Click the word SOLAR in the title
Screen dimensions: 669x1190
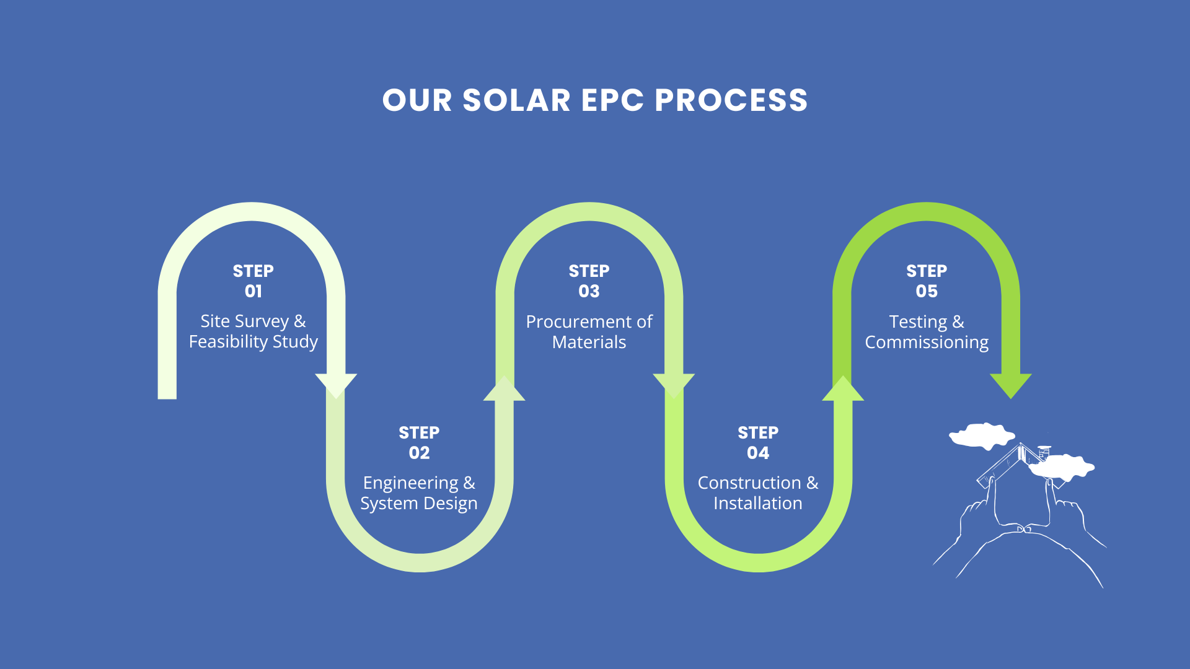[516, 100]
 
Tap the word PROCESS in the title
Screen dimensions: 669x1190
[731, 100]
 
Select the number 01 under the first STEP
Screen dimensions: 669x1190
[253, 291]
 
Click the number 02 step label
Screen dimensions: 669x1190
[419, 453]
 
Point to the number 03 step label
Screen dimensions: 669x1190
[589, 291]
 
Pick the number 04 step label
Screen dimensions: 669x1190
[758, 453]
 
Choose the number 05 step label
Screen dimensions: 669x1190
[927, 291]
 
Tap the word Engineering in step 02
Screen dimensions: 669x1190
[411, 483]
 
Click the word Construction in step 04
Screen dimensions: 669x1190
[749, 483]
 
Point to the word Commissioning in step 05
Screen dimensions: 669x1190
[927, 343]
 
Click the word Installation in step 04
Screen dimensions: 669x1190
[757, 503]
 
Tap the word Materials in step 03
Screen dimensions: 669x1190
[589, 343]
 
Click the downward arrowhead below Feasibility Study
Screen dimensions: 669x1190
[336, 385]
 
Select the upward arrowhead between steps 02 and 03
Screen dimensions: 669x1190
[505, 390]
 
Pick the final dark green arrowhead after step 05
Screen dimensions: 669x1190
[1011, 385]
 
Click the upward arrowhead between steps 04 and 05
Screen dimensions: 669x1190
[843, 390]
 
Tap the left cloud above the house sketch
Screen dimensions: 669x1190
[981, 435]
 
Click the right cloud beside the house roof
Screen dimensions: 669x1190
[1062, 467]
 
